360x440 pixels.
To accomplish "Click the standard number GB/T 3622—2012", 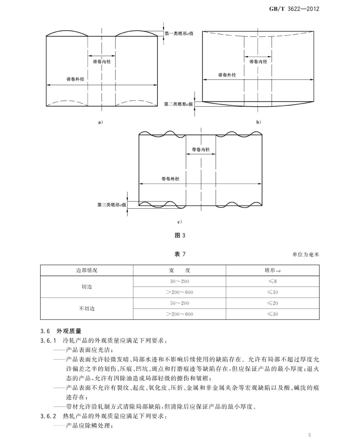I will [x=294, y=9].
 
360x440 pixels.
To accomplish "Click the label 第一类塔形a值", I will [x=179, y=33].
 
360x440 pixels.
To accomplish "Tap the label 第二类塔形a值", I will [x=178, y=104].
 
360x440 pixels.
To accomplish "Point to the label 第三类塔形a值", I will [x=111, y=205].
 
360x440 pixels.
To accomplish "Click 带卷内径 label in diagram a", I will [x=102, y=62].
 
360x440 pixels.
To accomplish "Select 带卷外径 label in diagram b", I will [x=227, y=75].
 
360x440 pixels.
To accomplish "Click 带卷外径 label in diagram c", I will [x=170, y=179].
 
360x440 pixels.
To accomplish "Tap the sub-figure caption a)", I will [x=100, y=122].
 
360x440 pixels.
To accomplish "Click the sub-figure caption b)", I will [x=258, y=122].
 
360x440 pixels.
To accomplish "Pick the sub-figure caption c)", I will [x=179, y=222].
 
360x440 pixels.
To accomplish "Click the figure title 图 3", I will [x=180, y=235].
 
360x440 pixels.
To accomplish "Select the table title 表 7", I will [x=180, y=254].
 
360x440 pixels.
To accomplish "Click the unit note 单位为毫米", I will [x=305, y=255].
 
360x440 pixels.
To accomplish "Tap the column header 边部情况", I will [x=87, y=270].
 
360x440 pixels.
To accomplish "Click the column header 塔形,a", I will [x=272, y=270].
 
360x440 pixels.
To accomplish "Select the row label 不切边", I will [x=87, y=308].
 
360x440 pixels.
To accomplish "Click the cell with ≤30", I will [x=272, y=314].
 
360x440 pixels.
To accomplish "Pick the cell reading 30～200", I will [x=179, y=281].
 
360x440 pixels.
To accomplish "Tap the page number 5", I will [x=309, y=435].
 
